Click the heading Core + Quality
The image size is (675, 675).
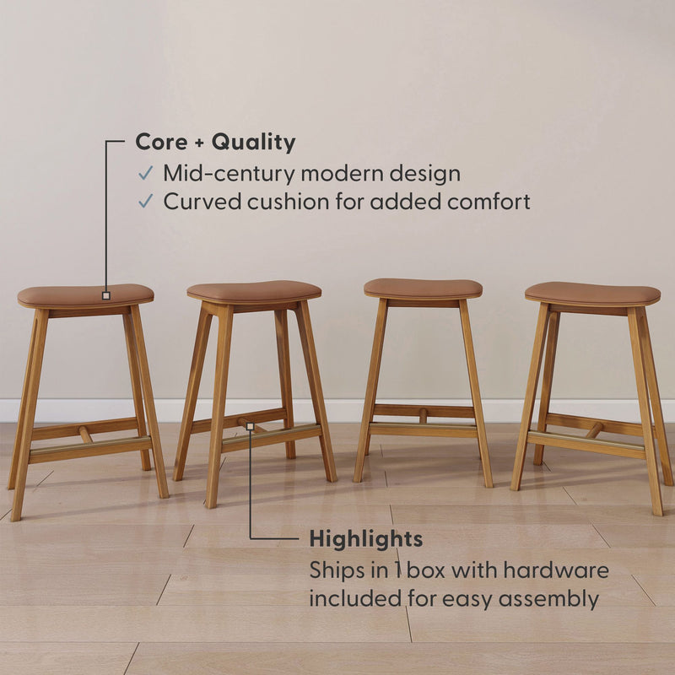tap(215, 143)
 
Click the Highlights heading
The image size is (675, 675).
tap(365, 538)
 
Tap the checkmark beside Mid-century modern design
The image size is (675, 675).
tap(146, 174)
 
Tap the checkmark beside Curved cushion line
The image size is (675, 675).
tap(146, 202)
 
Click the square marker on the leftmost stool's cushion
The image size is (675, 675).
tap(105, 295)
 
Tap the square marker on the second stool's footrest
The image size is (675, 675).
tap(250, 427)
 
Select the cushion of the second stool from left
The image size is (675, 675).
tap(253, 291)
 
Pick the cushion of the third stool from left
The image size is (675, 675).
tap(423, 288)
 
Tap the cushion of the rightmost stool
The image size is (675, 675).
tap(592, 293)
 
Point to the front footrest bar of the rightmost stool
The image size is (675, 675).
tap(586, 444)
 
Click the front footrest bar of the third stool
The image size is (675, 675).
tap(423, 429)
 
